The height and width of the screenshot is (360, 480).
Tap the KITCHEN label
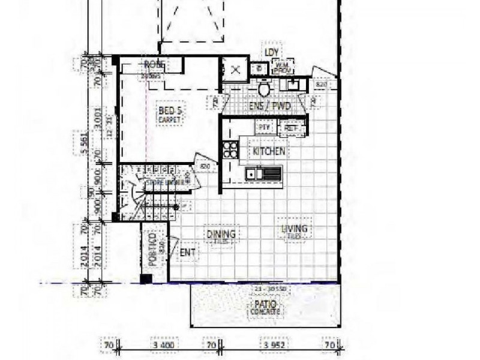269,151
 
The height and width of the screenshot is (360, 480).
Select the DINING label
221,235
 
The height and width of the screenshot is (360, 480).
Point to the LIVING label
294,230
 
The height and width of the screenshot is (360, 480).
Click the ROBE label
154,65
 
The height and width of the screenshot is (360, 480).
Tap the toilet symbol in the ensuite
263,89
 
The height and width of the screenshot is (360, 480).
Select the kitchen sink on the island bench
263,174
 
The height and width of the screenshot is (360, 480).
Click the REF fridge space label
292,128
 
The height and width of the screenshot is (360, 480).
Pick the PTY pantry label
264,127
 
